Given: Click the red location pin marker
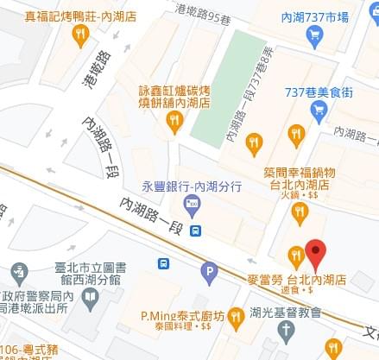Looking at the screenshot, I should click(315, 253).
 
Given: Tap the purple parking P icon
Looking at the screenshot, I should click(208, 275).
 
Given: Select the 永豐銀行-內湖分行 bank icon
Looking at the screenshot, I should click(192, 205).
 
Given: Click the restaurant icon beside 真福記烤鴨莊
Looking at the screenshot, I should click(80, 35).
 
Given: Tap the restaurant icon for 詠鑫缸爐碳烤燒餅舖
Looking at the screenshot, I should click(174, 121).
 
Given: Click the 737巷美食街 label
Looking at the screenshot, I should click(318, 92).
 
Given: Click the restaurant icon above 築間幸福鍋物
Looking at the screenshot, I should click(253, 141).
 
